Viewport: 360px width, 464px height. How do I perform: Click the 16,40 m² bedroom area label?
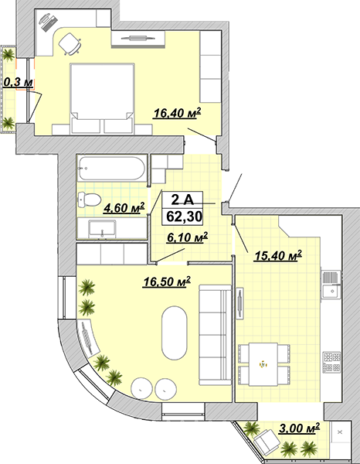(x=177, y=113)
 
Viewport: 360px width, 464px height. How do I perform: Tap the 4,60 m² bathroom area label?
(x=124, y=207)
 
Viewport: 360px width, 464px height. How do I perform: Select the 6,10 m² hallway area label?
(x=187, y=237)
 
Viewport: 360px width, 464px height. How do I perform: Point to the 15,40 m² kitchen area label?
(x=278, y=256)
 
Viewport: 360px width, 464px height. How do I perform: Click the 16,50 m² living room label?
(x=166, y=281)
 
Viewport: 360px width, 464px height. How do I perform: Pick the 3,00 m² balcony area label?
(x=299, y=428)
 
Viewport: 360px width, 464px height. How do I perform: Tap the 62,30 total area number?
(x=184, y=217)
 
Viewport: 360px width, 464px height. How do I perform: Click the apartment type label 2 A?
(x=182, y=200)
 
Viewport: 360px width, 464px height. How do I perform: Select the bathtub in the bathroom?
(x=111, y=169)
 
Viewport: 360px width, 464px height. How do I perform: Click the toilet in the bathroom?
(x=89, y=200)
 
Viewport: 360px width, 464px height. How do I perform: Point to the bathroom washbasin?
(x=102, y=229)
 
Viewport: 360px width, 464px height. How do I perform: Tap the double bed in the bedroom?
(x=102, y=98)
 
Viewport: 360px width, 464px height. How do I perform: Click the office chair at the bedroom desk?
(x=70, y=44)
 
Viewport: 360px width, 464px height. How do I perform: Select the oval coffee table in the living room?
(x=175, y=333)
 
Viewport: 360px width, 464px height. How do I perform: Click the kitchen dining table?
(x=263, y=364)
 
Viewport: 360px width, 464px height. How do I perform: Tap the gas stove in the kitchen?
(x=331, y=362)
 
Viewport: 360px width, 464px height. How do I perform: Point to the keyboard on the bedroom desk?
(x=49, y=22)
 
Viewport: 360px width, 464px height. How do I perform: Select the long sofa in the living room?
(x=215, y=335)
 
